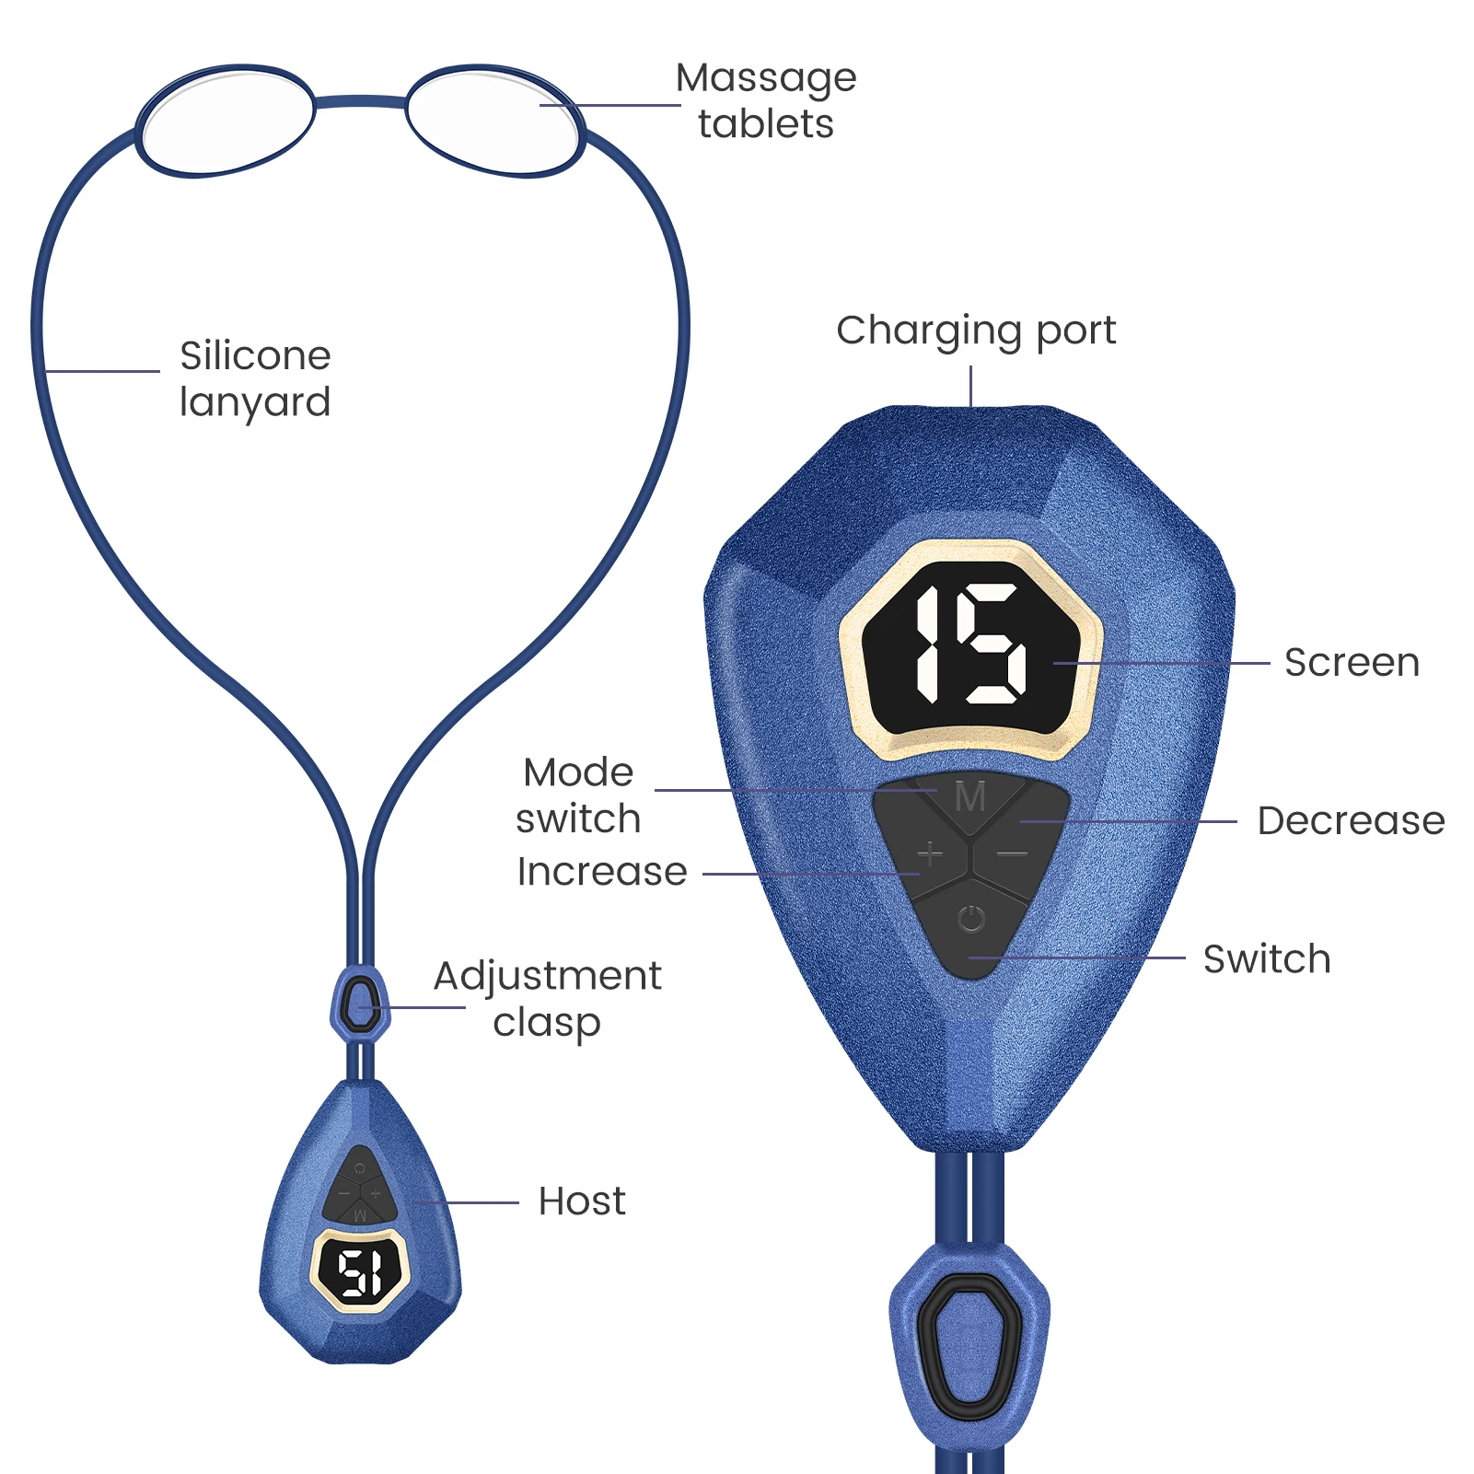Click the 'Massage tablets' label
click(x=766, y=101)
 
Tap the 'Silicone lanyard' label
click(x=255, y=378)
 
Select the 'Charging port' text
click(x=976, y=331)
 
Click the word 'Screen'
click(x=1352, y=663)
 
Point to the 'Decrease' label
click(x=1351, y=821)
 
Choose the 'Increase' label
click(x=602, y=872)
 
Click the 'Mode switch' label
click(x=578, y=795)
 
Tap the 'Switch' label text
click(x=1267, y=959)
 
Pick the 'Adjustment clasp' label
click(x=548, y=999)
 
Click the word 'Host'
click(x=582, y=1201)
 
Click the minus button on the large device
click(x=1013, y=854)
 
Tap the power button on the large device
click(x=971, y=920)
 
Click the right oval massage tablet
click(x=494, y=121)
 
